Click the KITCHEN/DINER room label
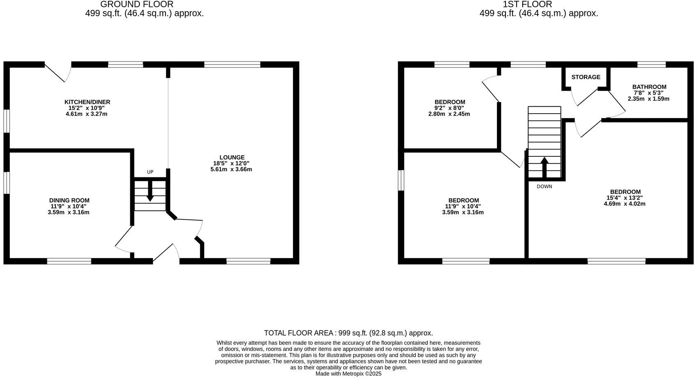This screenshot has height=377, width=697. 87,102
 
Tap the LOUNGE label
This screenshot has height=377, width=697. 232,157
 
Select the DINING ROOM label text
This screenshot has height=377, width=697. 69,200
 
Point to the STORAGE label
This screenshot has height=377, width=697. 586,77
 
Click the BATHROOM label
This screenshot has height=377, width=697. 649,87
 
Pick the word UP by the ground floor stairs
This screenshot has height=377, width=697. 150,172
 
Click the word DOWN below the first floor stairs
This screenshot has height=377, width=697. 544,186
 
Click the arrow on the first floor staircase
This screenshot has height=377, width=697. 544,166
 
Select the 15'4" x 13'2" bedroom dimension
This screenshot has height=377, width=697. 625,198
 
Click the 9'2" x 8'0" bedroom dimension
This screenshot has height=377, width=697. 450,108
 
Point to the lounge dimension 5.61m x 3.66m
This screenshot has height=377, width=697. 231,169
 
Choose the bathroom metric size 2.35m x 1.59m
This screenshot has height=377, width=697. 649,99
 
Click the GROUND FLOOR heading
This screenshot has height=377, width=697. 136,5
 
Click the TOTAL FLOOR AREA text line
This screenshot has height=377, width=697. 348,333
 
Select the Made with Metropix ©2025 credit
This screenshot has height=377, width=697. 348,374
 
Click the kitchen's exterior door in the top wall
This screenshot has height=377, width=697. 58,71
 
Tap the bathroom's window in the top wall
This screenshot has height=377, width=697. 651,64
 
